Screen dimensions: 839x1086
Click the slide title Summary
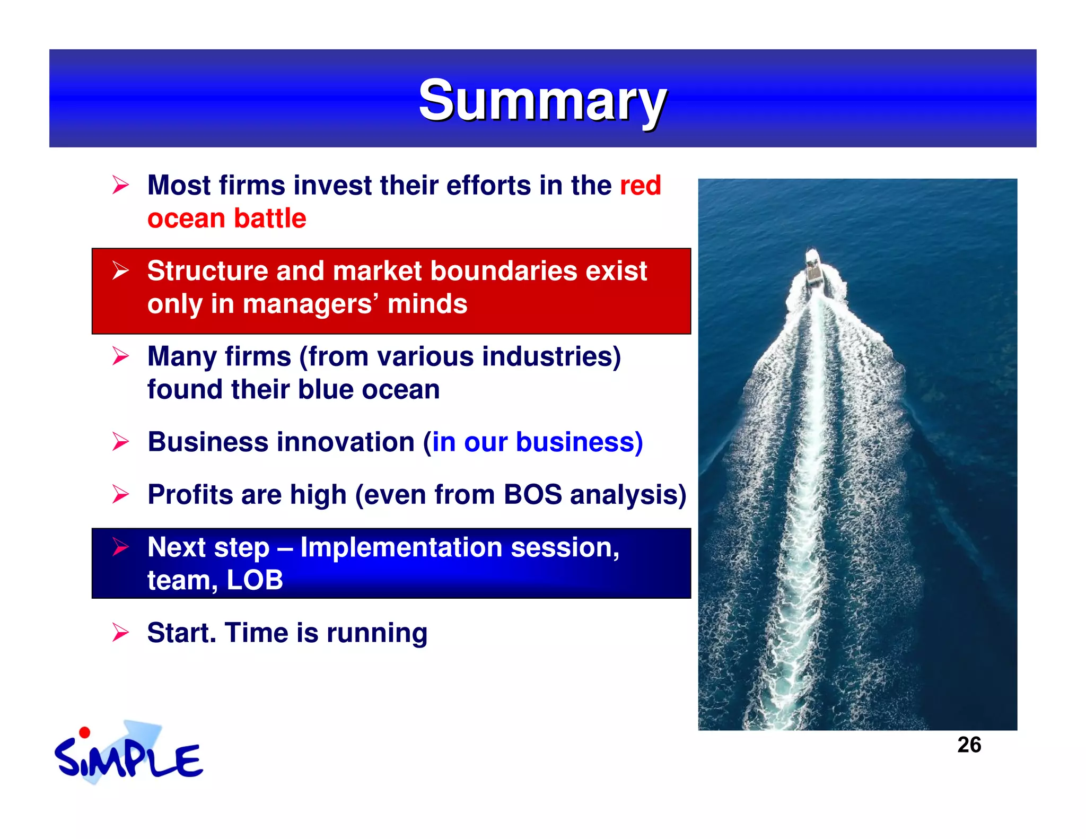coord(542,100)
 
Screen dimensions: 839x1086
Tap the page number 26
coord(969,745)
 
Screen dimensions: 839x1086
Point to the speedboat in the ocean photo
coord(813,268)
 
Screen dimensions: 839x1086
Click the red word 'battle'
coord(270,219)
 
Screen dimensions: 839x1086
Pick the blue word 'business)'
coord(579,442)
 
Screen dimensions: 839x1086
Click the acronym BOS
coord(532,495)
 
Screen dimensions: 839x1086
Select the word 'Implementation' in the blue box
coord(401,547)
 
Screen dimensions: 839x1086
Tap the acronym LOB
coord(255,580)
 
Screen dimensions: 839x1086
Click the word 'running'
coord(377,633)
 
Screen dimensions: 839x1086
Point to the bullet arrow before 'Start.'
coord(120,632)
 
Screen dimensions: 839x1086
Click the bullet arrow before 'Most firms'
coord(120,185)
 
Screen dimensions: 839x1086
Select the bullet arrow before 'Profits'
coord(120,494)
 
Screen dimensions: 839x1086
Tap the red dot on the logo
coord(84,733)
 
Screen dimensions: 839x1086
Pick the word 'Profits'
coord(190,495)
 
